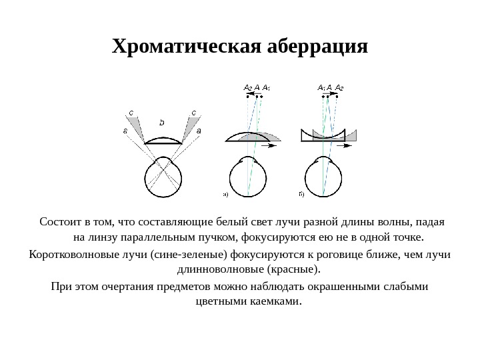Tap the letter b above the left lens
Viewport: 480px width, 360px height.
[161, 122]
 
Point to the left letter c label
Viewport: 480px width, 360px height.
[131, 113]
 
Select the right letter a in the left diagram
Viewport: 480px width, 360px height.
[199, 131]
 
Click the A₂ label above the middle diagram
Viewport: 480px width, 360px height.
[247, 87]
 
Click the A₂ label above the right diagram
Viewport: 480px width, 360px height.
[339, 87]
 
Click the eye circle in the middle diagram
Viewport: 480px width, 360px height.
[249, 177]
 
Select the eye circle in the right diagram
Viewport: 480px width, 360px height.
[324, 177]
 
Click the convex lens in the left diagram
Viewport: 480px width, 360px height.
[162, 141]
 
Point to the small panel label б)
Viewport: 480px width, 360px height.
[301, 195]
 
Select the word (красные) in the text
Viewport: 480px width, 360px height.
[293, 270]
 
